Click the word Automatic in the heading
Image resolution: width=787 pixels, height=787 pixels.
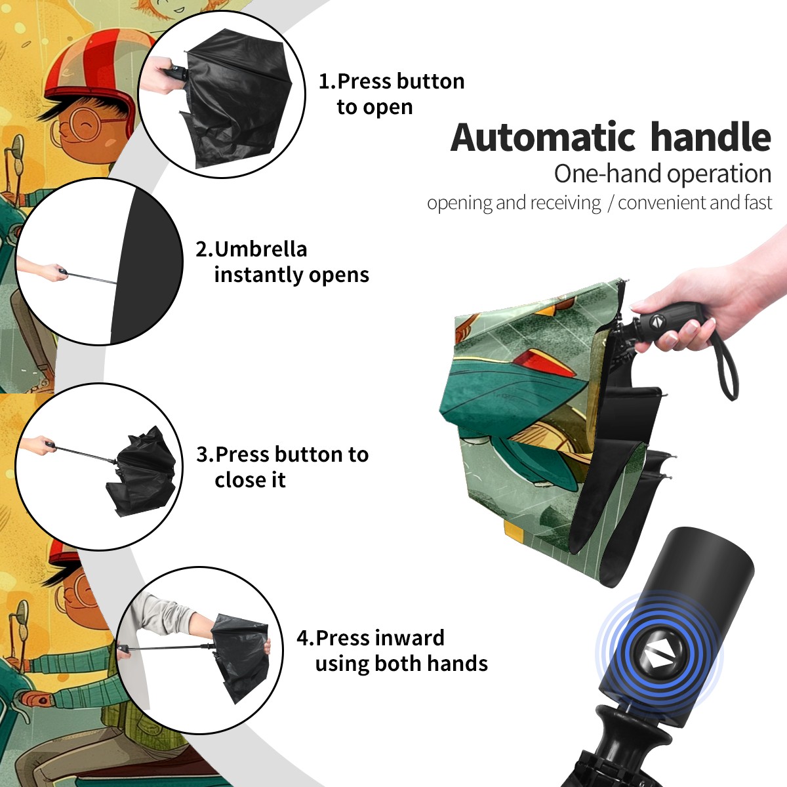[x=543, y=138]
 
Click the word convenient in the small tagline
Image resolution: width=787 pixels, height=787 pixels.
[x=662, y=203]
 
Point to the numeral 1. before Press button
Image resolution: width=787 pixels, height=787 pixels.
[x=327, y=81]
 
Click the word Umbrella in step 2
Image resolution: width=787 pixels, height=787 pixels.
[x=260, y=249]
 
